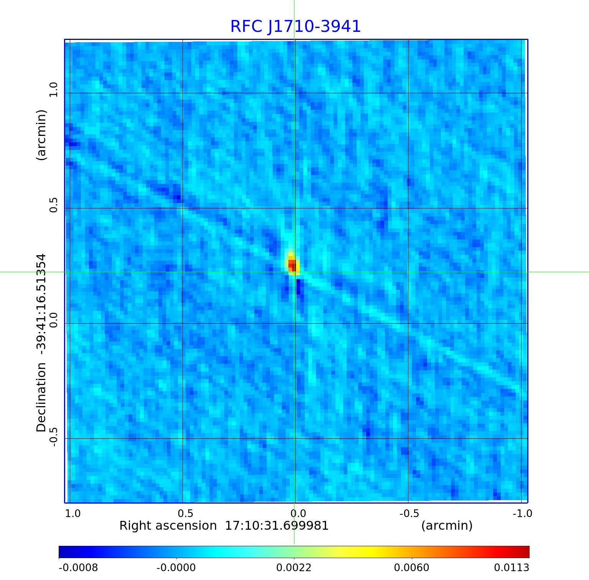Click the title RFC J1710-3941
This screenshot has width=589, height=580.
point(295,26)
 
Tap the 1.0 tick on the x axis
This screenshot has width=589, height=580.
point(73,513)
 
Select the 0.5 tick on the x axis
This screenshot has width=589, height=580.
point(185,513)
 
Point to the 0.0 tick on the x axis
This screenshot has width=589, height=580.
point(298,513)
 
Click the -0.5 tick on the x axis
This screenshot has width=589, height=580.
point(409,513)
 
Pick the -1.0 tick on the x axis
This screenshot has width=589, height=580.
point(522,513)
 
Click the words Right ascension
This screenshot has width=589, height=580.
point(168,525)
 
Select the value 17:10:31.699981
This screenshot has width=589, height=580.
point(276,525)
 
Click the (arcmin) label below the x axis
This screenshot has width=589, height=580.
point(447,525)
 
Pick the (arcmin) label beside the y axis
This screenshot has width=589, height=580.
point(41,135)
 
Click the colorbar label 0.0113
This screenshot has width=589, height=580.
point(511,567)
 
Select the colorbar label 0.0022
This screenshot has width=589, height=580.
point(294,567)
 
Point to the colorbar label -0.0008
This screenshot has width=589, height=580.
point(78,567)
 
